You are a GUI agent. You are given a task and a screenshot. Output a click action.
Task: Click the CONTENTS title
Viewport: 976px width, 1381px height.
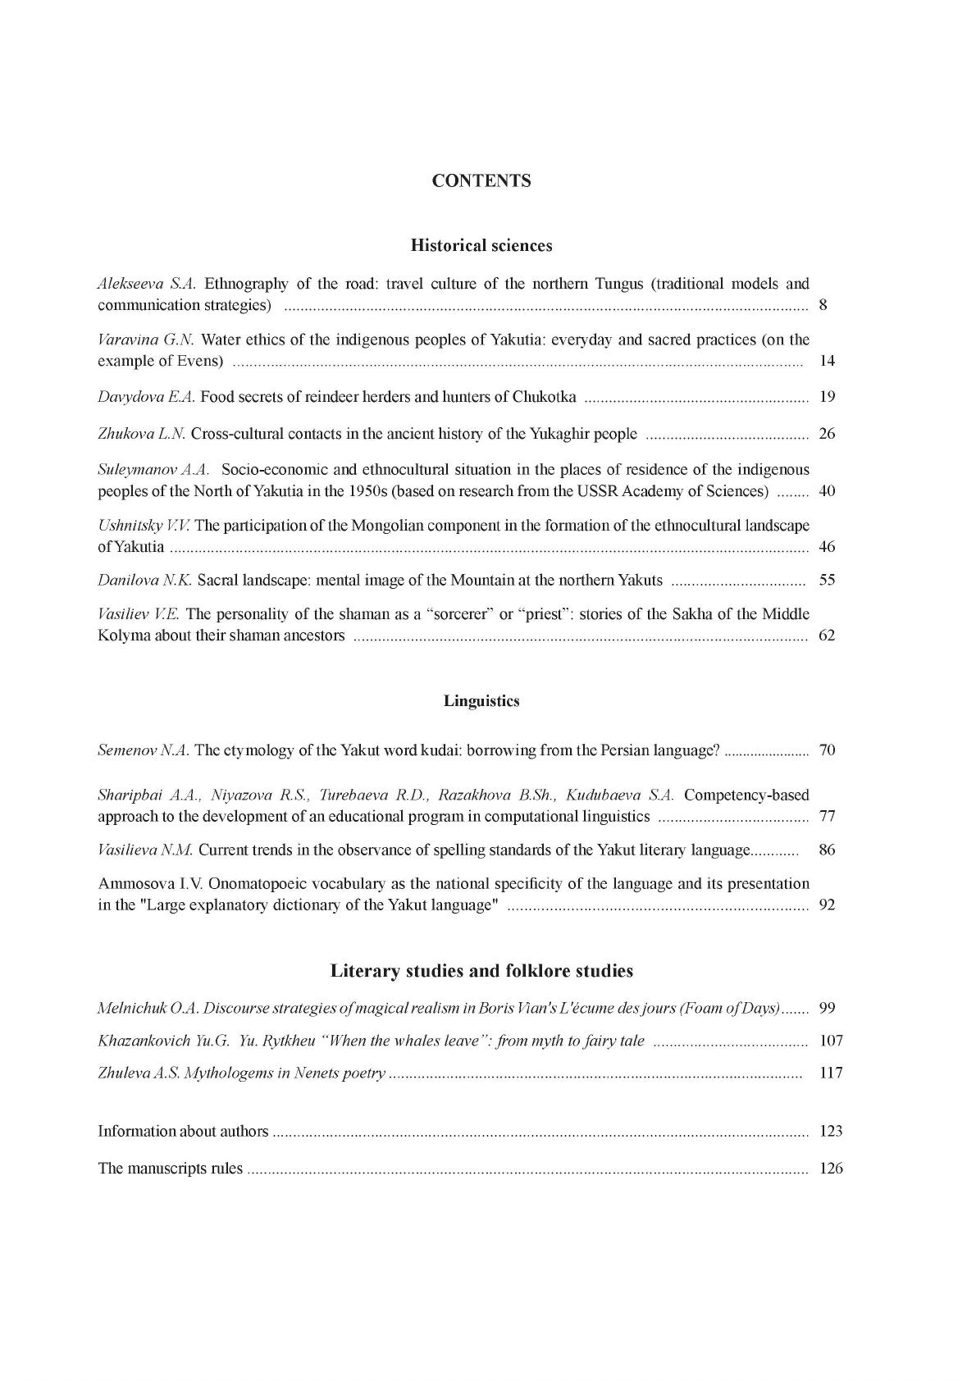(481, 181)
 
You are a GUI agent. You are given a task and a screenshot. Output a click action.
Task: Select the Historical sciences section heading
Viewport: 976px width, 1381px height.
(481, 245)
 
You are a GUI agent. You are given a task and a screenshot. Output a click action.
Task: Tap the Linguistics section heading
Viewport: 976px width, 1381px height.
(481, 701)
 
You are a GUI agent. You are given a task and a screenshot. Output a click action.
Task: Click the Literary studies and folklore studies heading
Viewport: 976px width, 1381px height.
(481, 971)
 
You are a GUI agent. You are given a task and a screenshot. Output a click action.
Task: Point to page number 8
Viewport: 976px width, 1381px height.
(823, 306)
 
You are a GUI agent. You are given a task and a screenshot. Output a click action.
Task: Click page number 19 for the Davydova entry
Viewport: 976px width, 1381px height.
(827, 398)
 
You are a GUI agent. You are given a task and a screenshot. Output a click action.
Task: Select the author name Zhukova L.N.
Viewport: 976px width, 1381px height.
(142, 434)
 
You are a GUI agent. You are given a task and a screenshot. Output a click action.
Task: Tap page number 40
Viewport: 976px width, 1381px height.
(827, 492)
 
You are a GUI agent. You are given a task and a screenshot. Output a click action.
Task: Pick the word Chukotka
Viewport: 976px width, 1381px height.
(544, 398)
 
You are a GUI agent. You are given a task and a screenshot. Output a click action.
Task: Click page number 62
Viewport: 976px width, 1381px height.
(827, 636)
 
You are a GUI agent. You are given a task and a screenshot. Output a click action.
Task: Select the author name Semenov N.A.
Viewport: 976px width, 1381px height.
(144, 750)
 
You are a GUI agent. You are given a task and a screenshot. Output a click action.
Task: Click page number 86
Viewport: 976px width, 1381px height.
(827, 850)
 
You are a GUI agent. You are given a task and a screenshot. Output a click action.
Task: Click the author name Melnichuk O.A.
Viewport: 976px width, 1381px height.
(148, 1009)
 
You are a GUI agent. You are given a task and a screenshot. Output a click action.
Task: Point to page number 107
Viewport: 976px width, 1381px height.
(831, 1041)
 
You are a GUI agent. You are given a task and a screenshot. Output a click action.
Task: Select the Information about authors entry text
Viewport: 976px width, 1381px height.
(183, 1132)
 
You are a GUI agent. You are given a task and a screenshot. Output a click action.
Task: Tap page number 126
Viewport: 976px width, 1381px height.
(831, 1169)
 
